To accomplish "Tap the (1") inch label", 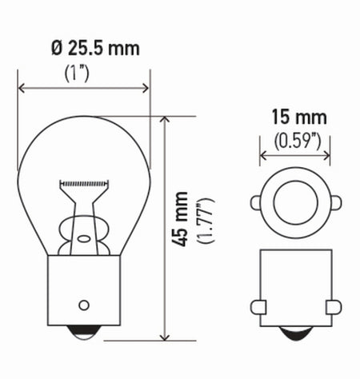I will tap(82, 74).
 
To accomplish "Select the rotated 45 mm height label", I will tap(182, 218).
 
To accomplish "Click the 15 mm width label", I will tap(294, 119).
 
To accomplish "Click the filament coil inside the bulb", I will tap(84, 183).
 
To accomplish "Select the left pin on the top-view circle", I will tap(256, 202).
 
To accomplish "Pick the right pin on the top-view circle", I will tap(333, 202).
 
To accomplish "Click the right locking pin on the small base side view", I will tap(333, 306).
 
